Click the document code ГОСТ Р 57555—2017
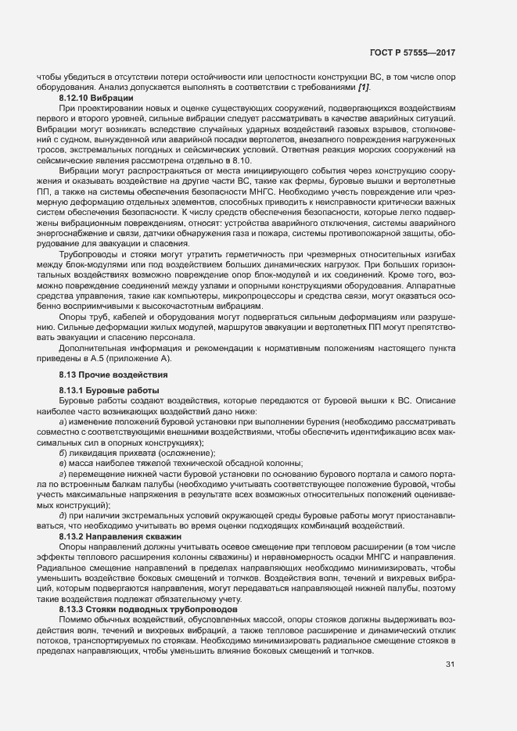click(x=411, y=53)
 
